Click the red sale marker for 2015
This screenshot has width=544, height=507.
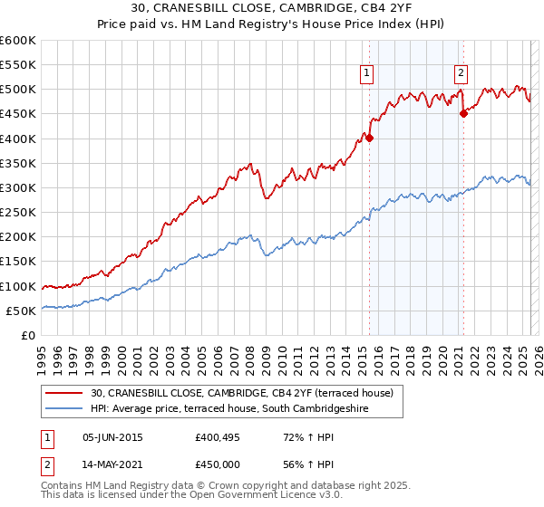click(369, 139)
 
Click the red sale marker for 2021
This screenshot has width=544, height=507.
click(463, 113)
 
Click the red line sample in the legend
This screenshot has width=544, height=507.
click(64, 394)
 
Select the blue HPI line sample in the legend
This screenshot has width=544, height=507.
click(64, 409)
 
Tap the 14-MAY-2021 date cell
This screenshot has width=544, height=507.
click(112, 464)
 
